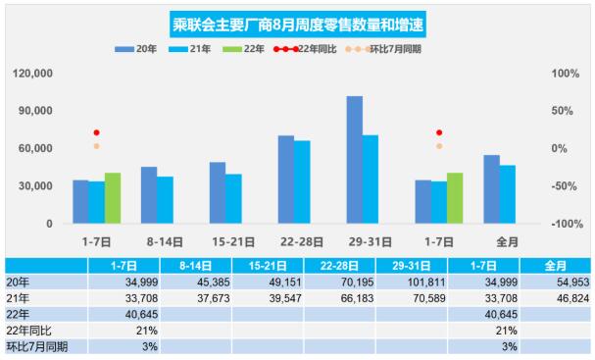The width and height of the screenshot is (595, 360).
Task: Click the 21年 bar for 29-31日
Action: point(371,180)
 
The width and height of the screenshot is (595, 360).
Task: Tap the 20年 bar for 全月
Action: point(491,189)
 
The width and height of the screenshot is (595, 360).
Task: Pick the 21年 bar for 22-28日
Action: point(302,182)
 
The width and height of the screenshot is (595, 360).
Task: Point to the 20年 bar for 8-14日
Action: point(149,195)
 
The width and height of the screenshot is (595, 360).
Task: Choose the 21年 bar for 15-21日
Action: point(233,199)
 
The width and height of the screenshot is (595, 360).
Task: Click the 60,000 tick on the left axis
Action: point(36,148)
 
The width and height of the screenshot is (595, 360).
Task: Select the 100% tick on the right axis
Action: point(565,74)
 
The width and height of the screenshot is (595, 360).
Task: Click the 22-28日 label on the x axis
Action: point(294,241)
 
